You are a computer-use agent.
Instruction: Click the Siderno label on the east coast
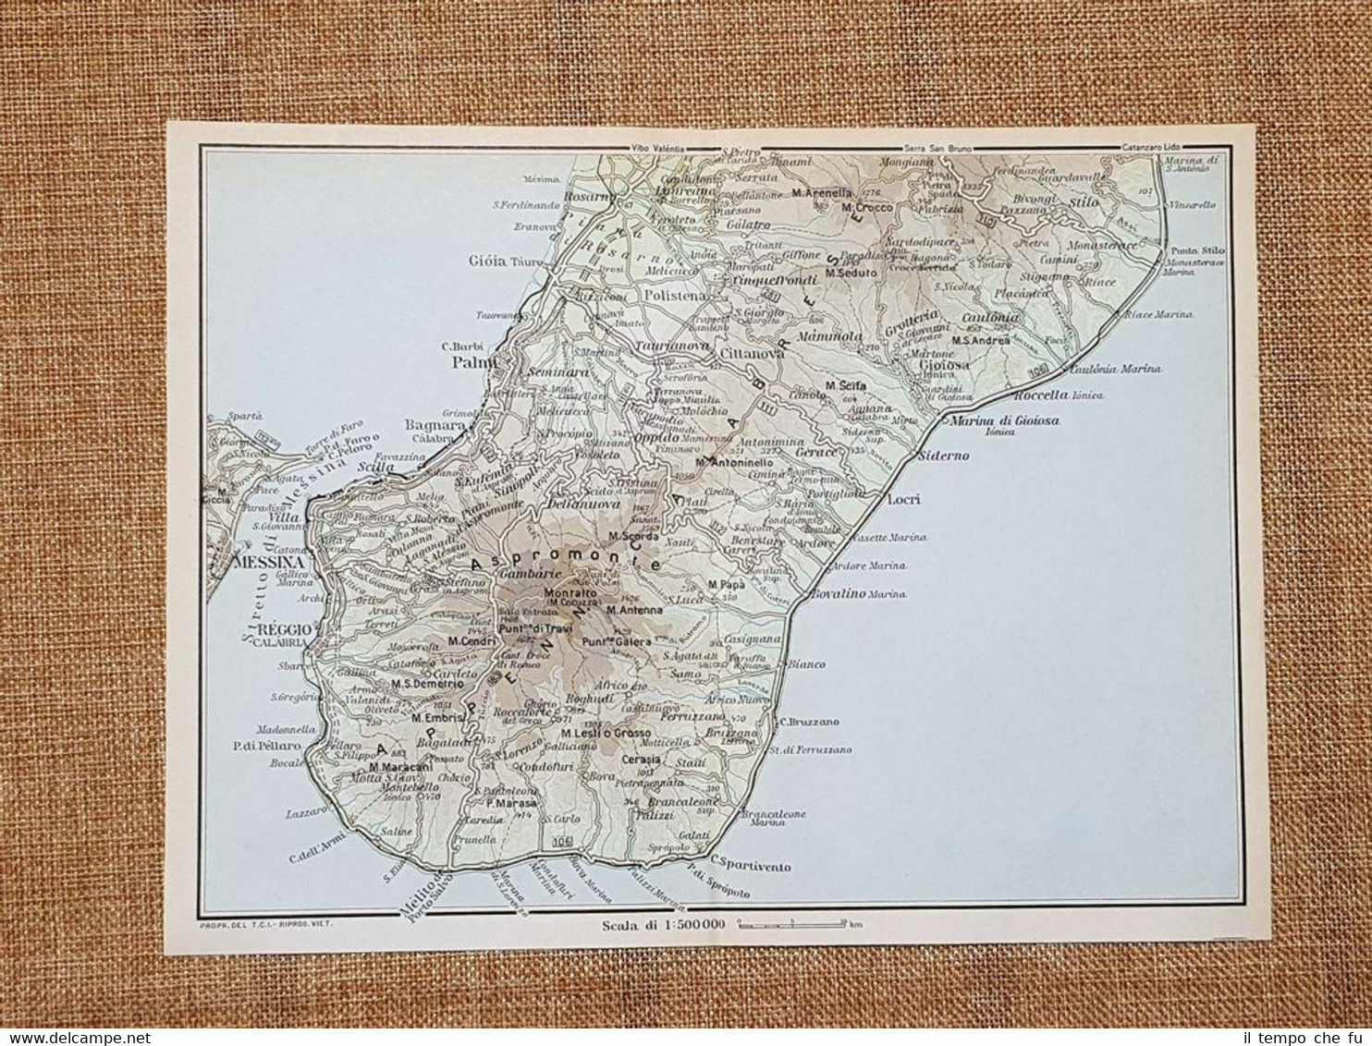(x=943, y=456)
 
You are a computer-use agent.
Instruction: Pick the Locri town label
(x=903, y=499)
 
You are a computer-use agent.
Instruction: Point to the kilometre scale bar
(x=794, y=922)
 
